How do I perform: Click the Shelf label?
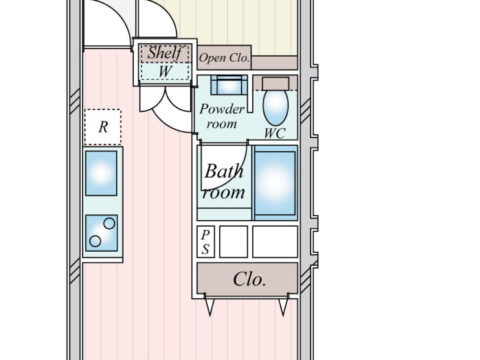click(165, 53)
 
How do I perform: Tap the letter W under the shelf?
click(165, 71)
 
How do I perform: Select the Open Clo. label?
click(224, 58)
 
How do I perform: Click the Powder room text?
click(222, 116)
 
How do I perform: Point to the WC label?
click(275, 133)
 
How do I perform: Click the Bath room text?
click(224, 182)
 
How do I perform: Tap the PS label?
click(205, 242)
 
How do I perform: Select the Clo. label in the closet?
click(250, 279)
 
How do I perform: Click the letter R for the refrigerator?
click(103, 127)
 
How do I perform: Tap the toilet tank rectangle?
click(275, 84)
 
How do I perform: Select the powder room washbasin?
click(229, 85)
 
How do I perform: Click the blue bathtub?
click(275, 183)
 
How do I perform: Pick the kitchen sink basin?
click(101, 173)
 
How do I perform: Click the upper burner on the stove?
click(109, 223)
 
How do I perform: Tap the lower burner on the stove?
click(95, 241)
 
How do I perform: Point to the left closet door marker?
click(209, 305)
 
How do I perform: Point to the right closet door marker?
click(283, 305)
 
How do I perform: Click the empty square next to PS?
click(233, 242)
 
